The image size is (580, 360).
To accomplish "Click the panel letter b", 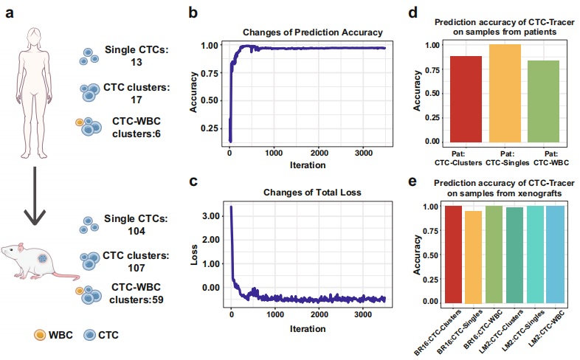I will pyautogui.click(x=193, y=13).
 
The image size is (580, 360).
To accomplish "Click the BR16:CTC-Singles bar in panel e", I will pyautogui.click(x=473, y=257).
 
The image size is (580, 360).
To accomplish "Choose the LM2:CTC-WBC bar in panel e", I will pyautogui.click(x=556, y=255).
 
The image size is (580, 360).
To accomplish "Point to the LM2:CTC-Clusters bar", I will pyautogui.click(x=514, y=255).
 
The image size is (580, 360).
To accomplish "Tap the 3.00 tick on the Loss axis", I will pyautogui.click(x=210, y=215).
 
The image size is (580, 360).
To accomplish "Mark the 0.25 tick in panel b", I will pyautogui.click(x=210, y=128).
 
